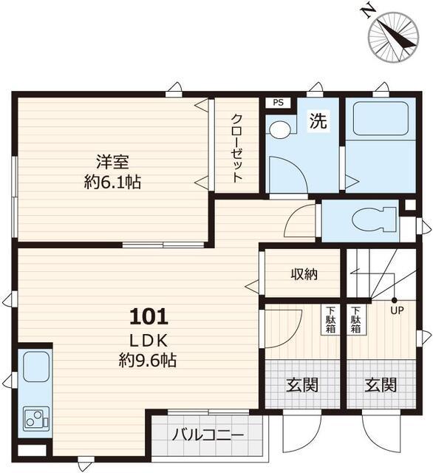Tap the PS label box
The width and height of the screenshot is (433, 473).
[x=279, y=103]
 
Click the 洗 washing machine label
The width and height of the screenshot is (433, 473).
[x=318, y=120]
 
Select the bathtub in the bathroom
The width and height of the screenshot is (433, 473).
[x=381, y=118]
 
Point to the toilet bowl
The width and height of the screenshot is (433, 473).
[x=373, y=220]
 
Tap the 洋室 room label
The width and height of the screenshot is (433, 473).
[x=112, y=162]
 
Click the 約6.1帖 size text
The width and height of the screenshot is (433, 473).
[x=112, y=182]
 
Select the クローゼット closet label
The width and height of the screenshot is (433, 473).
[x=236, y=148]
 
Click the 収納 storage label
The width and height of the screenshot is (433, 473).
[x=304, y=274]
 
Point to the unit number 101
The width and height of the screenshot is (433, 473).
[x=149, y=317]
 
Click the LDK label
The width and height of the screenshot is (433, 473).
[x=149, y=341]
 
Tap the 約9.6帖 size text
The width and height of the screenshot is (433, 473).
[x=148, y=360]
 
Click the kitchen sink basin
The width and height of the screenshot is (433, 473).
[x=36, y=367]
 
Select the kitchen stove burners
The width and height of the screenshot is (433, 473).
[x=36, y=418]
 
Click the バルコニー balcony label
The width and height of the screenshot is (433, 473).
[x=208, y=435]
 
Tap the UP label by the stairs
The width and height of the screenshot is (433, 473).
[x=397, y=310]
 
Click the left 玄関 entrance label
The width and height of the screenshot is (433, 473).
[x=302, y=385]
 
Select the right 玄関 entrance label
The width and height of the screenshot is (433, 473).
[x=381, y=385]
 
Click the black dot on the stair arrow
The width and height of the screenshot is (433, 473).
[x=394, y=301]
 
